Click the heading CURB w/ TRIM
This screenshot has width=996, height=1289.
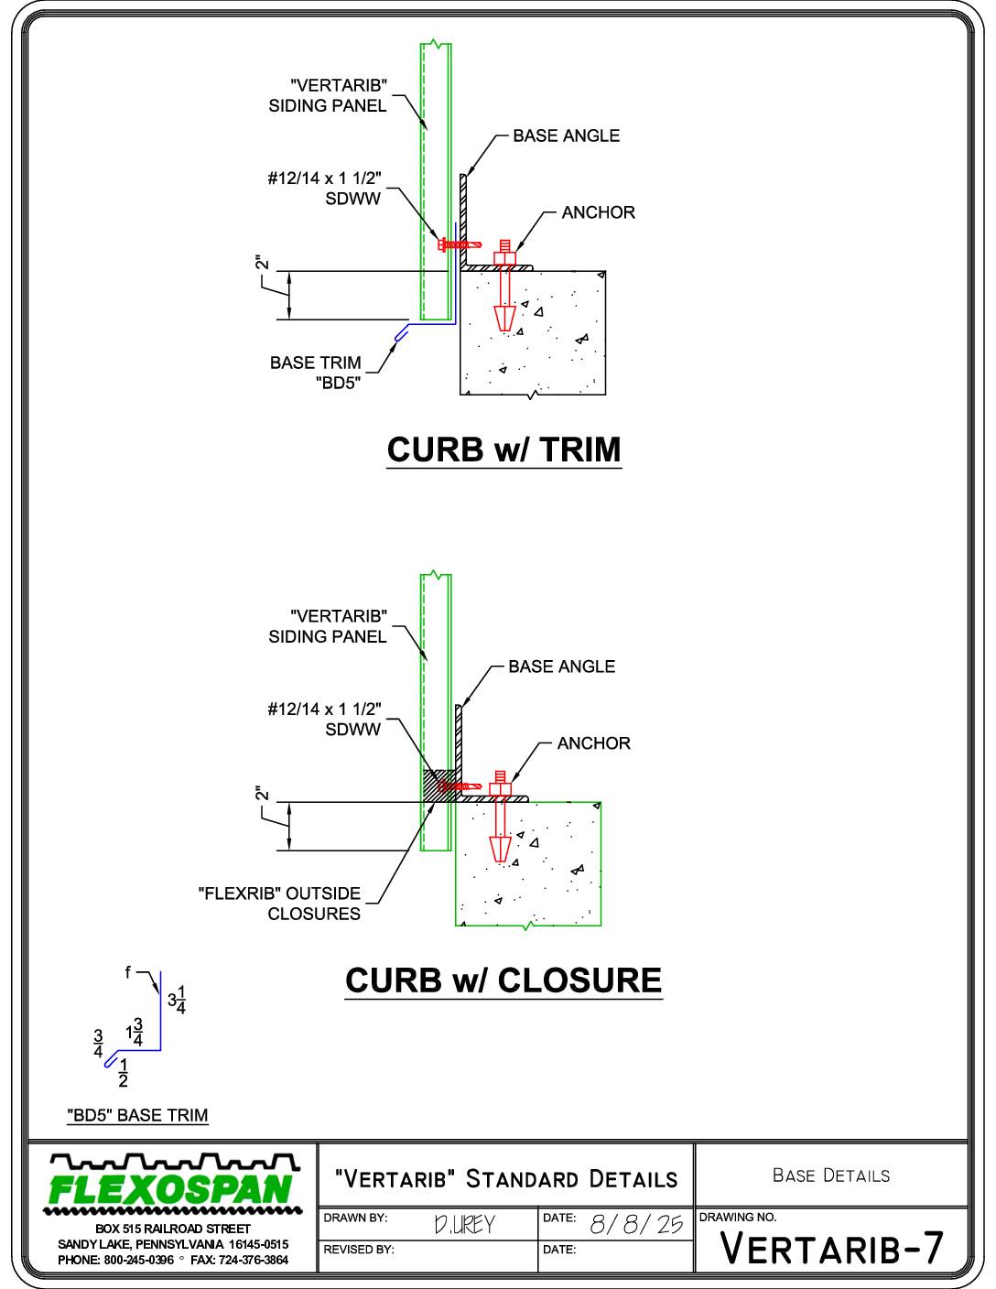click(503, 450)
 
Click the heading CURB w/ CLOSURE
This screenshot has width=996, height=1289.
click(503, 980)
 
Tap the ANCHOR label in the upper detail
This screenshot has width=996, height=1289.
click(598, 212)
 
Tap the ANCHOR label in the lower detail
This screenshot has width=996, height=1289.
click(593, 743)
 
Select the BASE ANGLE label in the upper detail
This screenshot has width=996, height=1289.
click(566, 135)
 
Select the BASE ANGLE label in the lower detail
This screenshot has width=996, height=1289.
click(561, 666)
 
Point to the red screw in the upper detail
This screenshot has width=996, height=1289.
click(460, 244)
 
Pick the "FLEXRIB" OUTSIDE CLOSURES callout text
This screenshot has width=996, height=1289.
click(279, 904)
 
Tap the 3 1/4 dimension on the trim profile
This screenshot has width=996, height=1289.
click(177, 1000)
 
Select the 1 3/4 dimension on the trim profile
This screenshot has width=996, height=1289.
click(134, 1033)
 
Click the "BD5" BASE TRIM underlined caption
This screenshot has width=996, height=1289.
click(137, 1115)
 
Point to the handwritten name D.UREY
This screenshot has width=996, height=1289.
click(464, 1224)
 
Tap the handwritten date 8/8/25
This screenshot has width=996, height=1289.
click(636, 1224)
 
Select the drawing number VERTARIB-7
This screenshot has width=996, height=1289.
click(831, 1248)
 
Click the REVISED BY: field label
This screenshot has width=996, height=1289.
click(358, 1250)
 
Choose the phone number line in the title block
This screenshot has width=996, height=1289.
click(173, 1260)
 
